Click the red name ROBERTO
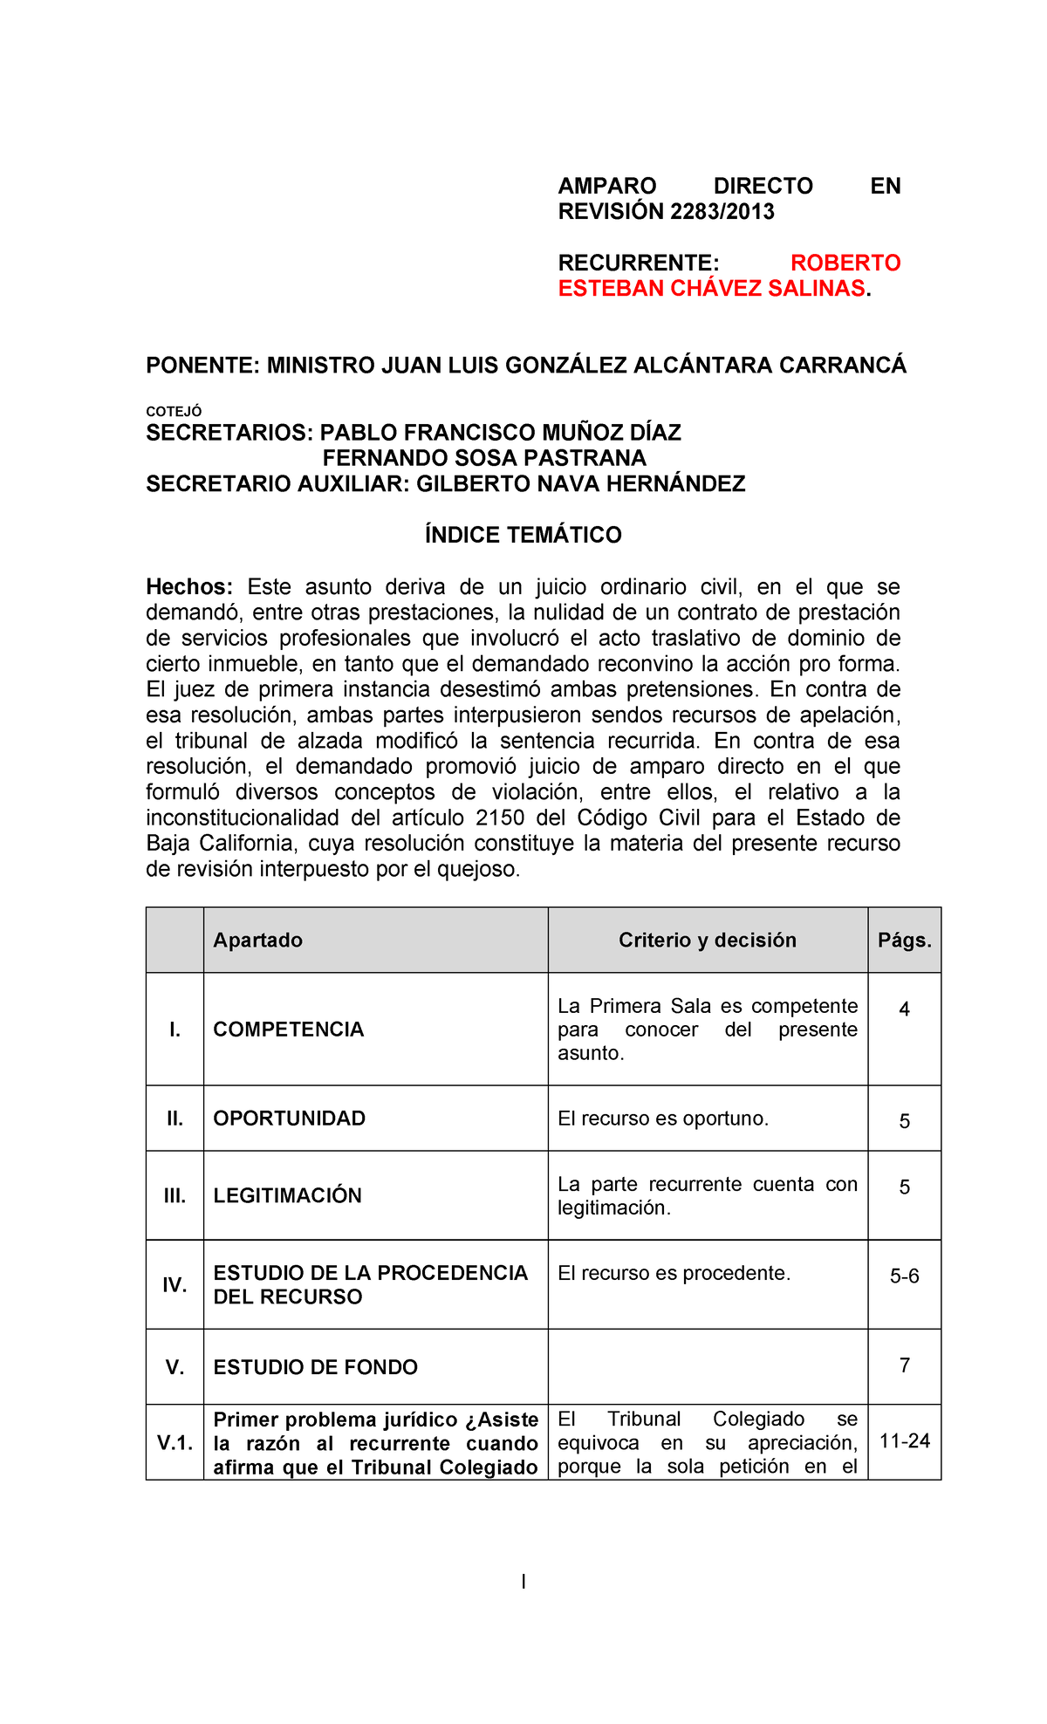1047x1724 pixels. point(845,263)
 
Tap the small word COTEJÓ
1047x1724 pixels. point(174,411)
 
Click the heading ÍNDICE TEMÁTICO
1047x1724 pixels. point(523,535)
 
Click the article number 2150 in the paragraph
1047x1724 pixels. point(500,818)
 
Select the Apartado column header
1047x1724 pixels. point(258,940)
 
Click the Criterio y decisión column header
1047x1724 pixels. point(707,940)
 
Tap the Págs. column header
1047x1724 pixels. point(904,940)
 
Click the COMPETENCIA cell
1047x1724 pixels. point(289,1030)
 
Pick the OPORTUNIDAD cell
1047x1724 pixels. point(290,1119)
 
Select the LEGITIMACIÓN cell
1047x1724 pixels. point(288,1195)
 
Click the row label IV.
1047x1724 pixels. point(174,1284)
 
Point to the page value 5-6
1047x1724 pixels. point(904,1276)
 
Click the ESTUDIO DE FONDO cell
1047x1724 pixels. point(316,1367)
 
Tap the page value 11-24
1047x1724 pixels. point(904,1440)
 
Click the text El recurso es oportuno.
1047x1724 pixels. point(663,1119)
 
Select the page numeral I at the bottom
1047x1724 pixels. point(523,1581)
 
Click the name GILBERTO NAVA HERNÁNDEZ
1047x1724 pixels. point(580,484)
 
